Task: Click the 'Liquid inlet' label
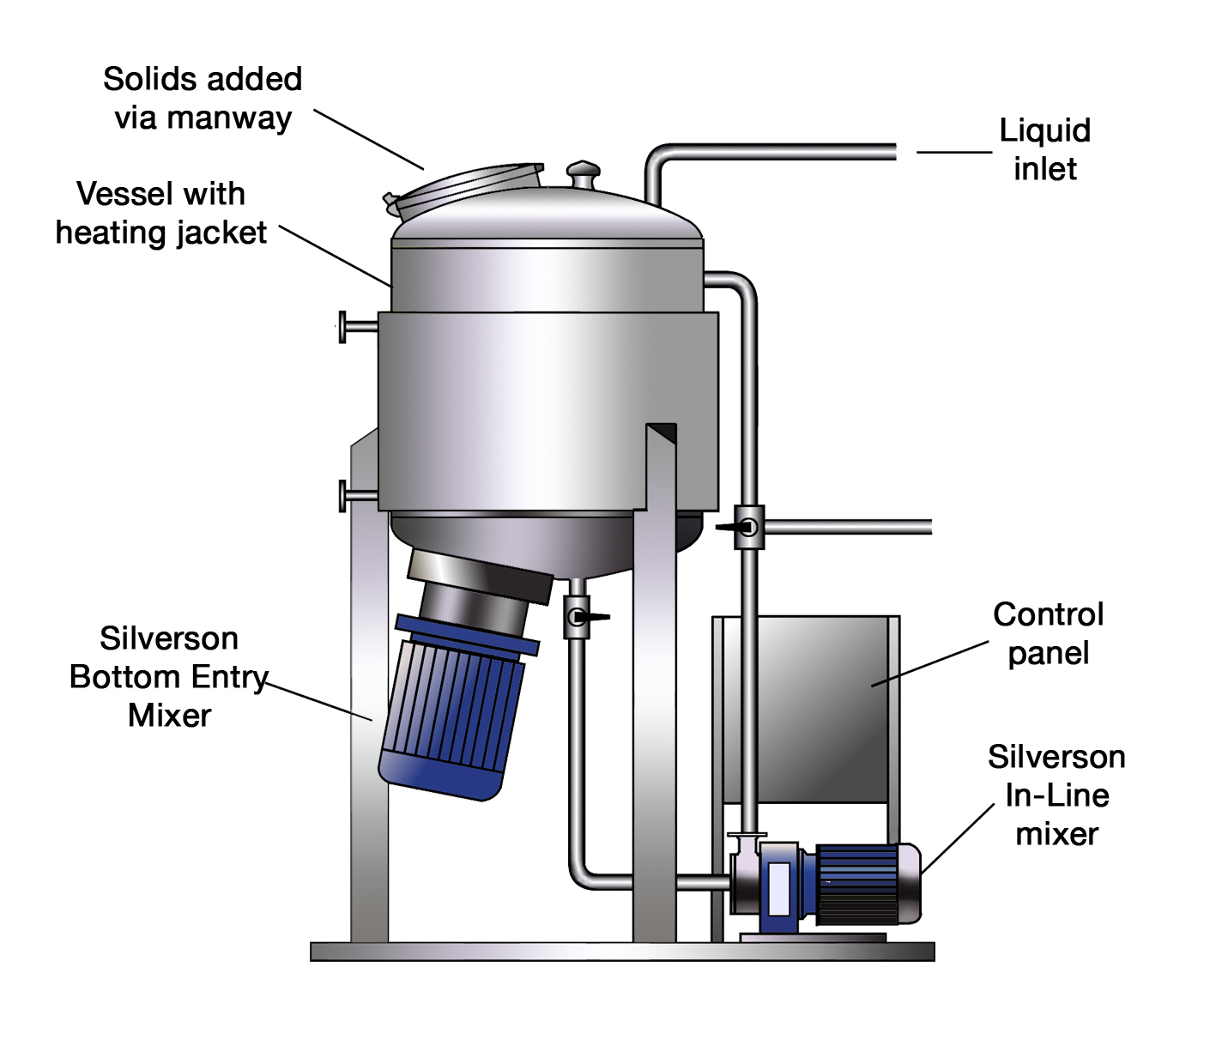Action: click(x=1044, y=149)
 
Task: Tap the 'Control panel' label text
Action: click(x=1048, y=633)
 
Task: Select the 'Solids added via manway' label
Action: click(x=203, y=98)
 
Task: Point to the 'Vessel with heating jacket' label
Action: click(x=160, y=213)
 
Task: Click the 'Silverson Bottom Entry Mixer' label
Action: click(x=168, y=676)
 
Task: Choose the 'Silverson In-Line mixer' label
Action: click(x=1056, y=795)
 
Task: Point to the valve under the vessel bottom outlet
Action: click(x=578, y=617)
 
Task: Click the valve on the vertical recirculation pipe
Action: click(x=748, y=526)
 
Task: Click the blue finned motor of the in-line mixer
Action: click(x=862, y=885)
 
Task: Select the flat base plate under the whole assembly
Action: click(x=621, y=951)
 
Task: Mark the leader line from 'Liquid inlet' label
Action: click(x=953, y=153)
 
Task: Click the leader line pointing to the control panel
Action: click(x=931, y=663)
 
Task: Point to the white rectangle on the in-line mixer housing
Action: click(x=779, y=888)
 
